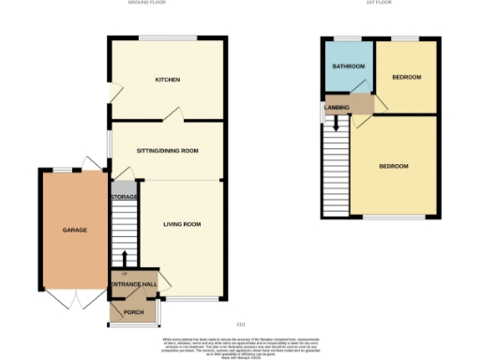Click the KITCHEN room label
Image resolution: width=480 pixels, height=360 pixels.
[168, 80]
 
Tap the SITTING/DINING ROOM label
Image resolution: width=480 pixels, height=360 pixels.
[167, 149]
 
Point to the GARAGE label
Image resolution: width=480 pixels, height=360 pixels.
[75, 230]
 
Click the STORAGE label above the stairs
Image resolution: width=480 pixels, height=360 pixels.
[125, 197]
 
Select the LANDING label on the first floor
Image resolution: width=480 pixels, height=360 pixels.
[337, 109]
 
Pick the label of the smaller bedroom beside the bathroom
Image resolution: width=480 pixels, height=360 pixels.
[407, 77]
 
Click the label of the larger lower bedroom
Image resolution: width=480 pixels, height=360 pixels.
[394, 166]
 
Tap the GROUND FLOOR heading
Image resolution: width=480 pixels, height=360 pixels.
[147, 4]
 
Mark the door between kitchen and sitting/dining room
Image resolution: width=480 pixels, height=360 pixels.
[171, 115]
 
